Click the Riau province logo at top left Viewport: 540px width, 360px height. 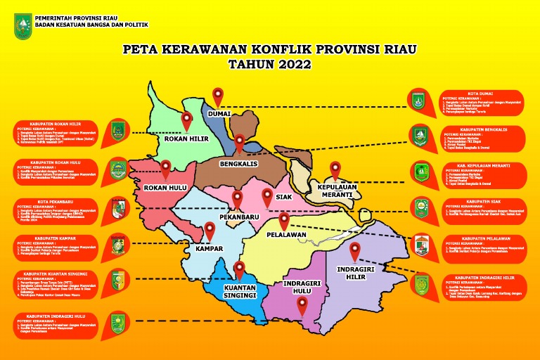pos(22,25)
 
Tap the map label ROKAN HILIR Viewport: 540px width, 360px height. pos(186,139)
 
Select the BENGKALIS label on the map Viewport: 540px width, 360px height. pos(239,164)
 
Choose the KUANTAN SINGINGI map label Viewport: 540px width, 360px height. pos(239,291)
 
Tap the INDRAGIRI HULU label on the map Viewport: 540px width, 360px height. pos(302,288)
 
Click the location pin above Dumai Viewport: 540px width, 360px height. pos(218,96)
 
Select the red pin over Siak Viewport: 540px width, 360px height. pos(266,197)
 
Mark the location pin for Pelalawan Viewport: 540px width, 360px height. pos(284,221)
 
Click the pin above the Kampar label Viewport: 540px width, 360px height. pos(209,231)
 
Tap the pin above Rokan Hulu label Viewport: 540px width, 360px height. pos(165,169)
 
